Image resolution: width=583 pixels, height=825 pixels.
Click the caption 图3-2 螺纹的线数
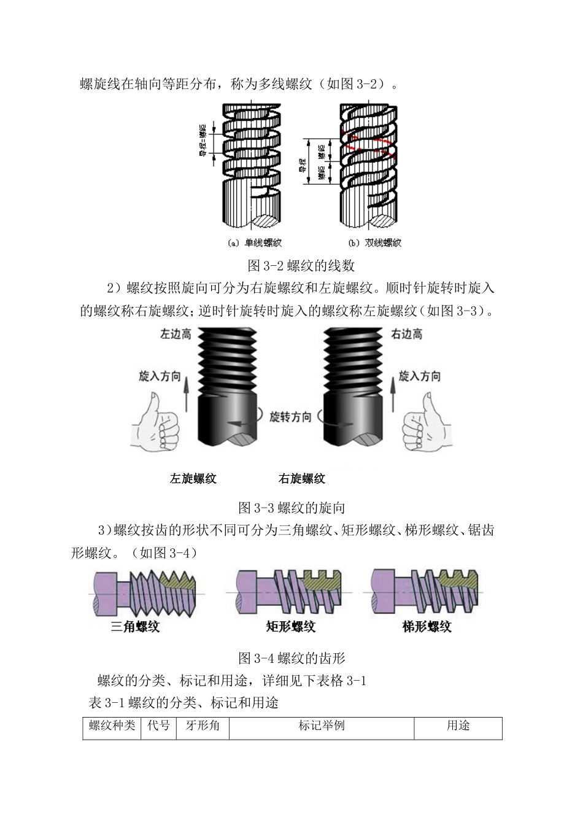[x=301, y=265]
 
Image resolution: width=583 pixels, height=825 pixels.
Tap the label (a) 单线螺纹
[x=254, y=242]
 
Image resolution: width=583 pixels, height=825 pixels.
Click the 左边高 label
[x=176, y=335]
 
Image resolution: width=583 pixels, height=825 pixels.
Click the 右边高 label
[x=407, y=335]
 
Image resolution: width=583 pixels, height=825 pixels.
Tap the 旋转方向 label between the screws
[x=291, y=417]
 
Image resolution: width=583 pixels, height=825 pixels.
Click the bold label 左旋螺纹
[x=193, y=479]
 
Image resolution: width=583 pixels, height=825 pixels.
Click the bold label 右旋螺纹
[x=301, y=479]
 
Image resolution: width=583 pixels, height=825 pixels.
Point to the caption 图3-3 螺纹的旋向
[x=291, y=508]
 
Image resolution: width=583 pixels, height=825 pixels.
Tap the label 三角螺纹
[x=135, y=627]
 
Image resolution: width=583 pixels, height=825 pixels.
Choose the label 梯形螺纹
[x=427, y=627]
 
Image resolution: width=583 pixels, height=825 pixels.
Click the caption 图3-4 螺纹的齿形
[x=291, y=658]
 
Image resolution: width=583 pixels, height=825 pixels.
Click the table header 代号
[x=159, y=726]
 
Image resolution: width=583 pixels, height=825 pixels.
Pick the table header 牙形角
[x=202, y=726]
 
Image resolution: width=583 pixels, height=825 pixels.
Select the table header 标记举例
[x=322, y=726]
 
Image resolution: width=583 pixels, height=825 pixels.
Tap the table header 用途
[x=458, y=726]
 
